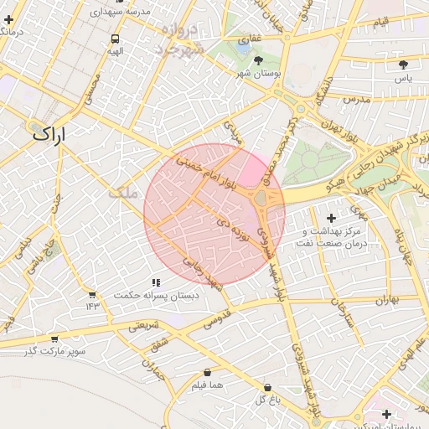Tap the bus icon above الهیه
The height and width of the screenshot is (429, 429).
point(115,39)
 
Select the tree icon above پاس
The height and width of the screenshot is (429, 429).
point(403,65)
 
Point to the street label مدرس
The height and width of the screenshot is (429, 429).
point(356,99)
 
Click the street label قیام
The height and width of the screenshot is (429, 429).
point(380,19)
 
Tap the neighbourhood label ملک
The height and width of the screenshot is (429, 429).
point(121,192)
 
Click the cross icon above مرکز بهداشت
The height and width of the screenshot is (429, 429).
point(332,218)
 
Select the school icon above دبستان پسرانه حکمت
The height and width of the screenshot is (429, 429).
point(155,283)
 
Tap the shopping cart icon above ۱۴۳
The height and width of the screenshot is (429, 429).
point(92,295)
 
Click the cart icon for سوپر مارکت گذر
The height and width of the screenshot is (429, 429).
point(54,339)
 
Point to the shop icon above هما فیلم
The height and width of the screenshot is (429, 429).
point(206,373)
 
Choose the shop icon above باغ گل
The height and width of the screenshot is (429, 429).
point(267,387)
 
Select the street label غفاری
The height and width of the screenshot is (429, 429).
point(251,39)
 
